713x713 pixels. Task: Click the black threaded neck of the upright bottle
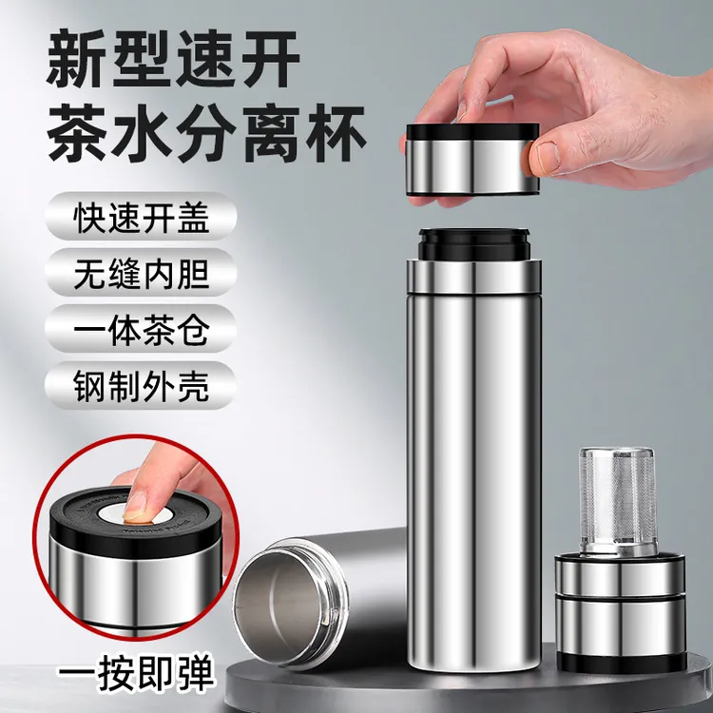point(475,243)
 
